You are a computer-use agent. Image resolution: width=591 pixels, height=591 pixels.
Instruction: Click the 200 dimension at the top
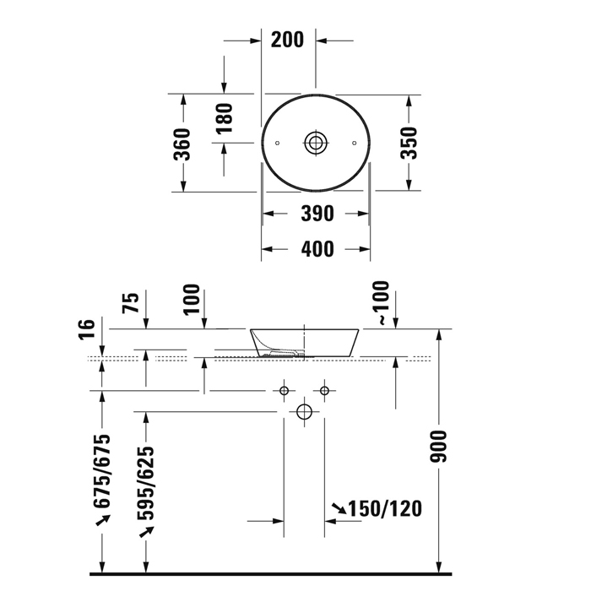(287, 40)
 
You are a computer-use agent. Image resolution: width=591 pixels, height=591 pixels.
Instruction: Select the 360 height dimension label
(182, 144)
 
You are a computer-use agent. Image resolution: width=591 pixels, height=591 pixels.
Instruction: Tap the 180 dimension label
(225, 118)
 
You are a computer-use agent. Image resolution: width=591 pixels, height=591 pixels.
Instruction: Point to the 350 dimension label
(409, 143)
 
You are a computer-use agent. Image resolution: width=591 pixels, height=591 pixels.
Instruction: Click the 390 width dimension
(317, 214)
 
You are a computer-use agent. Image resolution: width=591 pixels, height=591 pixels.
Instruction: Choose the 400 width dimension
(317, 249)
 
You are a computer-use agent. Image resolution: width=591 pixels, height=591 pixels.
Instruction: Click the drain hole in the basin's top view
(315, 143)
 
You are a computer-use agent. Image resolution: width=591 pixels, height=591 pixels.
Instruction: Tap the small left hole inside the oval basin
(278, 143)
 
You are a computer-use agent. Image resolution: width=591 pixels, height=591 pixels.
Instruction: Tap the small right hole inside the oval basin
(354, 143)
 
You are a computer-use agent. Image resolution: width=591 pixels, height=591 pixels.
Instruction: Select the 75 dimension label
(130, 302)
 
